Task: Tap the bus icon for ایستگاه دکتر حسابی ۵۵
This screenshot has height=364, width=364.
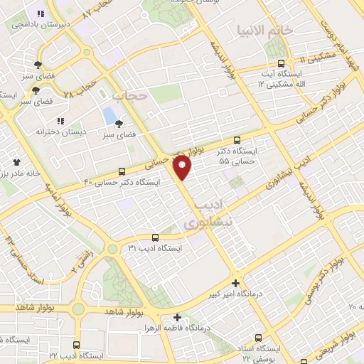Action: [x=237, y=140]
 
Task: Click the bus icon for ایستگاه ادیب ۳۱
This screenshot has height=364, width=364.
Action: [x=155, y=237]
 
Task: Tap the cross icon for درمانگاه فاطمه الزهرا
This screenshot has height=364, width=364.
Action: [x=177, y=317]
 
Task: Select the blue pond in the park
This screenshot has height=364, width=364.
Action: [x=109, y=115]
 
